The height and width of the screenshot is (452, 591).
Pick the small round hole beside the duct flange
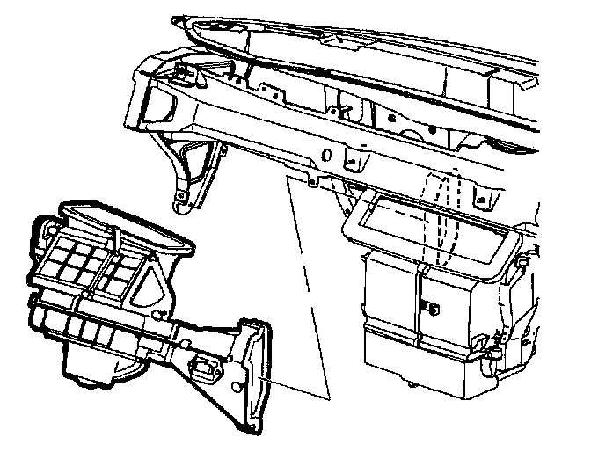[x=240, y=387]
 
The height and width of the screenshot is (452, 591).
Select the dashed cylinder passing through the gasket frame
[x=444, y=220]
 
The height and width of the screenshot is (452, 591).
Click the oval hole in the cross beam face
[x=326, y=156]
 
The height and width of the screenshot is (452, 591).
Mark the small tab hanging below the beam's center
[x=312, y=180]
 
